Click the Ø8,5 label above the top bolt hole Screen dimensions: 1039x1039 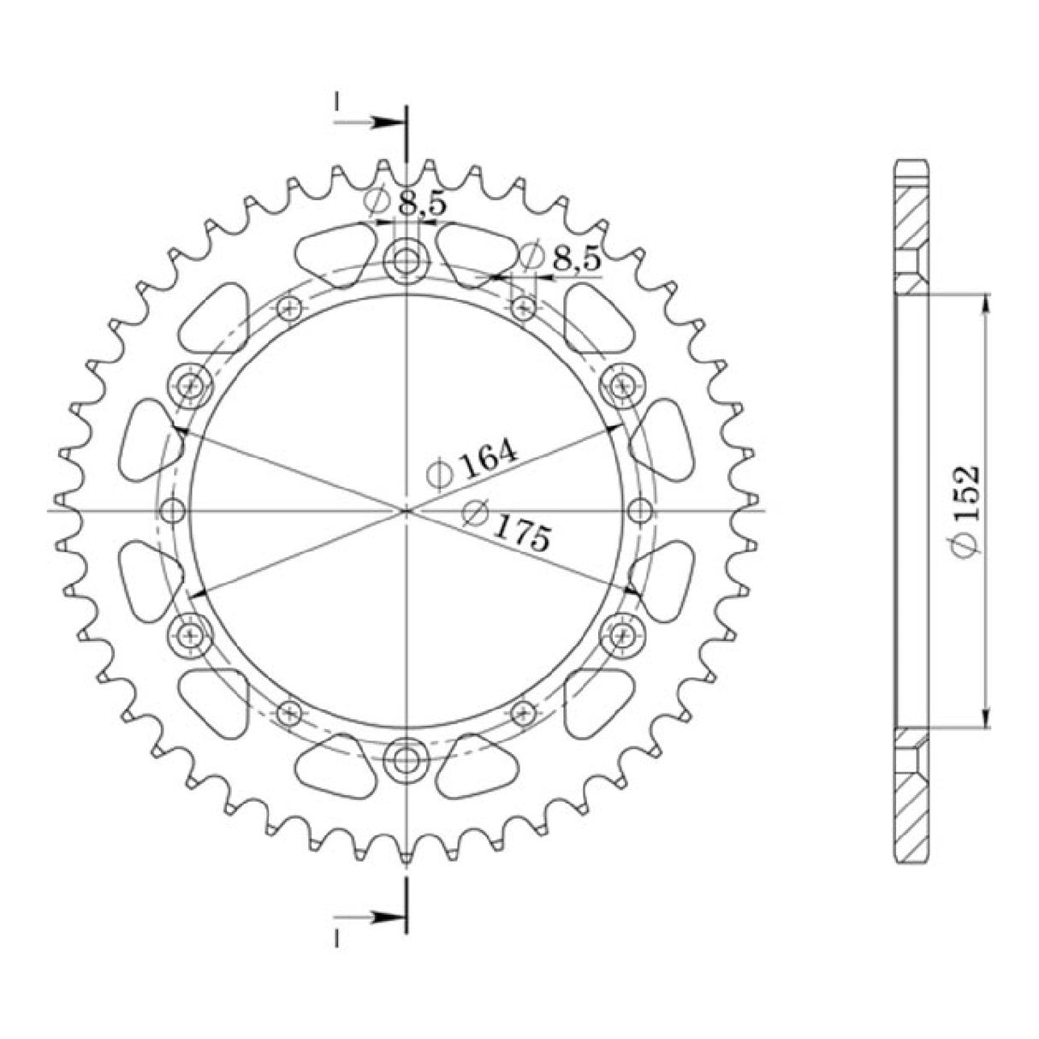405,203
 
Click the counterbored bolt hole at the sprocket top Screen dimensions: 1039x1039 405,261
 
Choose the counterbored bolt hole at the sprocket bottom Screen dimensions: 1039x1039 405,759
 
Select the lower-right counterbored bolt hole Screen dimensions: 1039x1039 620,634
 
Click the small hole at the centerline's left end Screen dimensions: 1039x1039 174,511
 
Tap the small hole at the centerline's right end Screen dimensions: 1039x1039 638,511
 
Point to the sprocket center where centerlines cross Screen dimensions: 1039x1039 406,511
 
